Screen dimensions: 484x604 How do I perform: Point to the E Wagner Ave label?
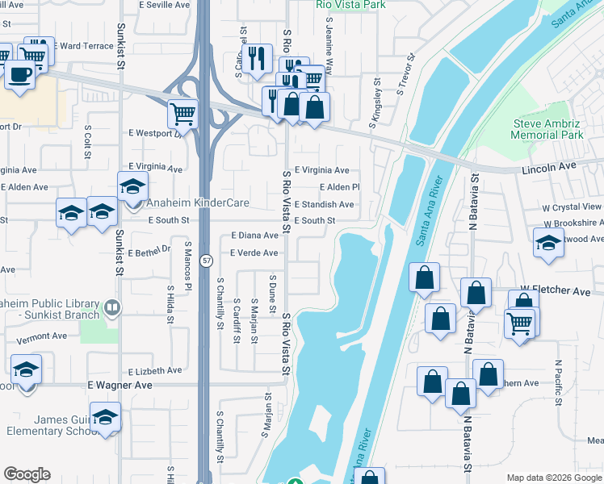click(120, 386)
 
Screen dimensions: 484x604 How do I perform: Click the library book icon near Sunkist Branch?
click(112, 307)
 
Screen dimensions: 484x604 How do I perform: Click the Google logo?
click(27, 474)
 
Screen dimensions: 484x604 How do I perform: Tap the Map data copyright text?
click(554, 478)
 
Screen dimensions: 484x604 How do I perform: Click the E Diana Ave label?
click(254, 236)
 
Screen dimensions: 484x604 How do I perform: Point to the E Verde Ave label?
click(254, 253)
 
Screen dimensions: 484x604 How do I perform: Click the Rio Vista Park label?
click(351, 5)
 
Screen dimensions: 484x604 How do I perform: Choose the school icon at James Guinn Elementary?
click(105, 417)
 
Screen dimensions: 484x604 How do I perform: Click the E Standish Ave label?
click(324, 205)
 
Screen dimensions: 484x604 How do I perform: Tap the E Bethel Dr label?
click(149, 252)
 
